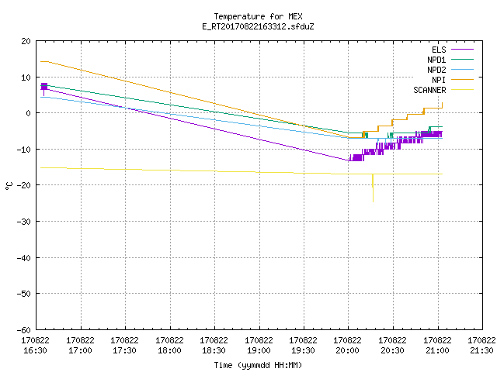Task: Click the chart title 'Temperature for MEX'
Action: tap(258, 16)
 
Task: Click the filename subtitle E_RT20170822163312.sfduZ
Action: tap(258, 26)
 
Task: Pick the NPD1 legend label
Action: tap(436, 60)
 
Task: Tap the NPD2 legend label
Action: tap(436, 70)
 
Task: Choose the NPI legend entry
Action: tap(439, 80)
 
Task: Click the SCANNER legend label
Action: tap(429, 90)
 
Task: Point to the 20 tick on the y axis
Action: tap(26, 41)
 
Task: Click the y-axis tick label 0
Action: tap(29, 113)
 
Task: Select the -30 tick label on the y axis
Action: tap(24, 222)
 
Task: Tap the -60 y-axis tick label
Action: tap(24, 330)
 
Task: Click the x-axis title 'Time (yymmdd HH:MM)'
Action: tap(258, 365)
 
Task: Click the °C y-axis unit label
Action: tap(9, 186)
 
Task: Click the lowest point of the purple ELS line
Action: tap(349, 160)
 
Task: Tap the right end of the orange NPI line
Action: tap(442, 103)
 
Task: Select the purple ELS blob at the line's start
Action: tap(44, 86)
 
